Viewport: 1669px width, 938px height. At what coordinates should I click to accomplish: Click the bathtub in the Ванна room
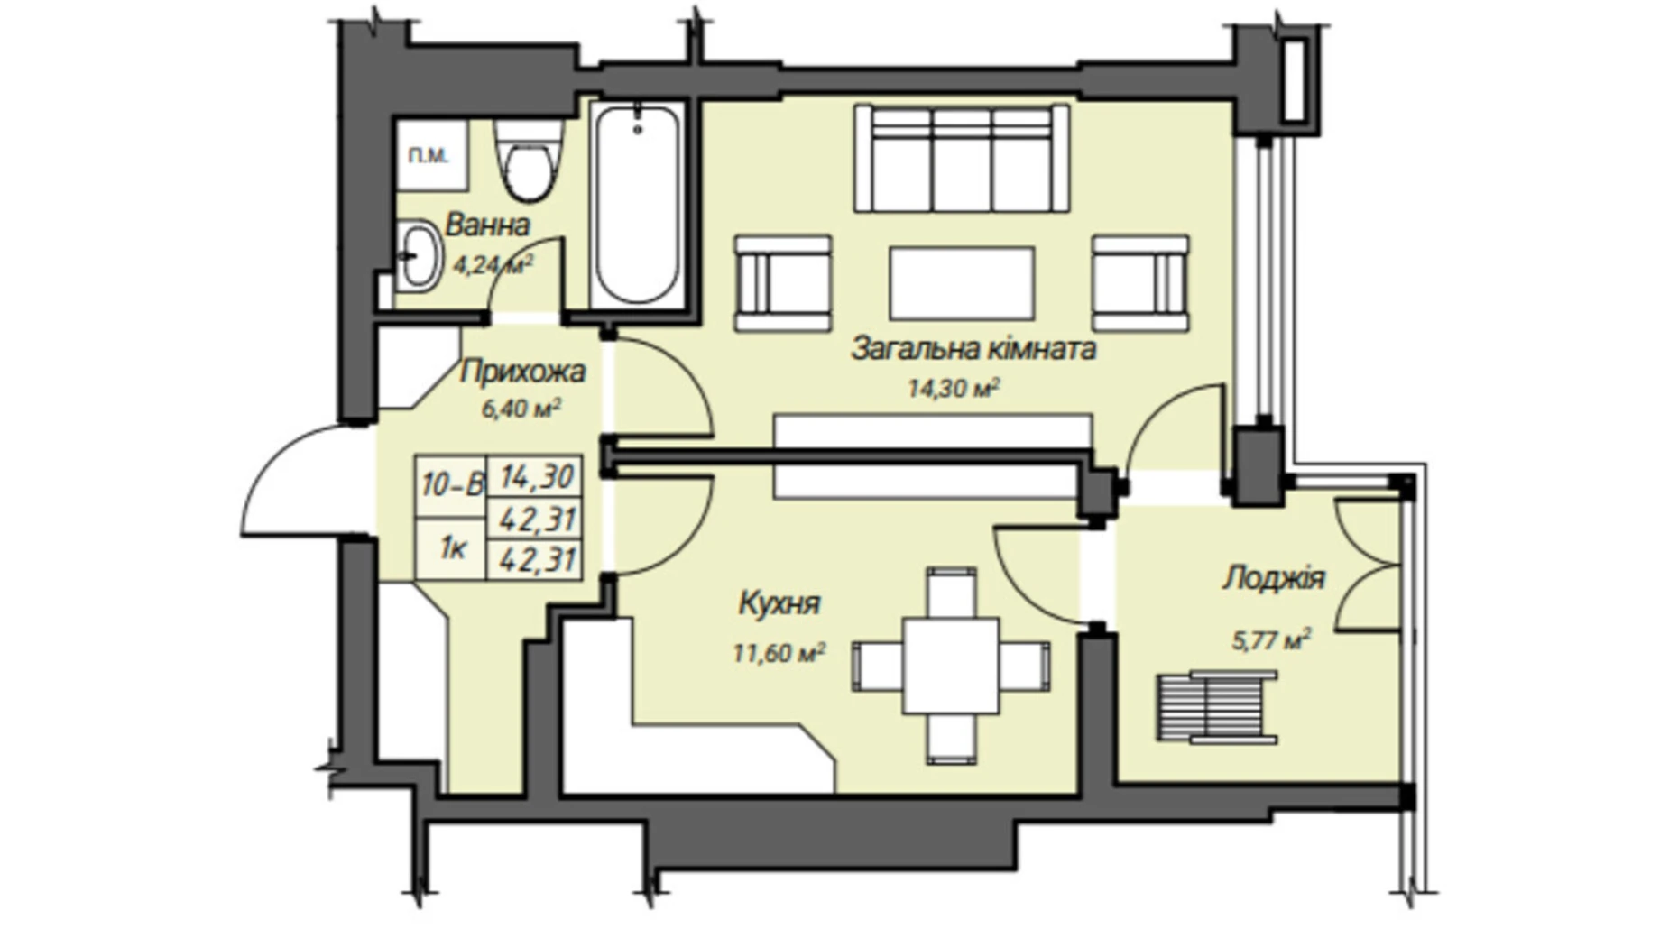[637, 205]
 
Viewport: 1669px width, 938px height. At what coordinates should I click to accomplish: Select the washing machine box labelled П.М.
[430, 155]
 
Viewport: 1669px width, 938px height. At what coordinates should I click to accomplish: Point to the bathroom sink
[419, 255]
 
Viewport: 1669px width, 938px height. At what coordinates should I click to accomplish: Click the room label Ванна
[487, 225]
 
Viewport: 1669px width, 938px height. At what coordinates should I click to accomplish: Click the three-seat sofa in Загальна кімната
[962, 159]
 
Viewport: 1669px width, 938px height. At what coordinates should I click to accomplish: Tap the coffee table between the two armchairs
[962, 283]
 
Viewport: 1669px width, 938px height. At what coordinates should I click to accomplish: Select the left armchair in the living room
[782, 283]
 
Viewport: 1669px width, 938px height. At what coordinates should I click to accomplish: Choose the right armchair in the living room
[1140, 283]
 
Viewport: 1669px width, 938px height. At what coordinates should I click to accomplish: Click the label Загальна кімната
[973, 348]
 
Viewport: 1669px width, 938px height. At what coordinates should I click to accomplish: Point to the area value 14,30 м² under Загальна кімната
[954, 389]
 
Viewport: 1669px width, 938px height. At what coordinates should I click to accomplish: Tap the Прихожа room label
[522, 371]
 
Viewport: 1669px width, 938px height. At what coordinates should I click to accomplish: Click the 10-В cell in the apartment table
[451, 485]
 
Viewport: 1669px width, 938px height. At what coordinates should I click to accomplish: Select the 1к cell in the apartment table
[451, 547]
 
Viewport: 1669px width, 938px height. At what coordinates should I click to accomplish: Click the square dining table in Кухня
[951, 666]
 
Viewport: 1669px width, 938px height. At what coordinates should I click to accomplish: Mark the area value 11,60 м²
[779, 652]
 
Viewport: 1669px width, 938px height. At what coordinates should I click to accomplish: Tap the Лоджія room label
[1273, 578]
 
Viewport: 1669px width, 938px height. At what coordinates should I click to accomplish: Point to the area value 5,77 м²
[1271, 640]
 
